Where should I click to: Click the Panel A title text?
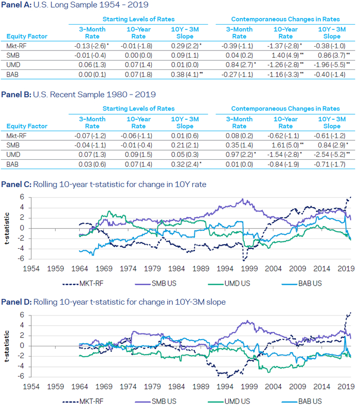pyautogui.click(x=75, y=6)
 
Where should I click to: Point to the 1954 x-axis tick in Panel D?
pyautogui.click(x=31, y=385)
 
